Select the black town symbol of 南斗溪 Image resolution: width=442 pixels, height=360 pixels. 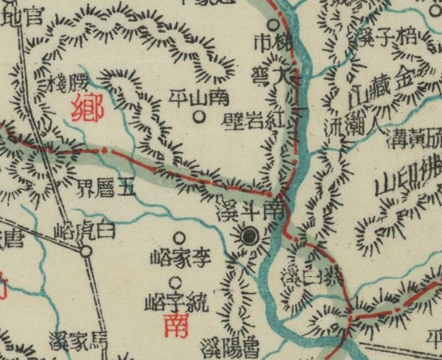250,236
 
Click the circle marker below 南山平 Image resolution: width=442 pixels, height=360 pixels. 199,117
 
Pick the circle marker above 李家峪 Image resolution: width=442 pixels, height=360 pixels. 179,237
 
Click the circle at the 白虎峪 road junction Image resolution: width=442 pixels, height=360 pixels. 86,252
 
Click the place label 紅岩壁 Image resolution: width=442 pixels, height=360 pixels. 256,120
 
